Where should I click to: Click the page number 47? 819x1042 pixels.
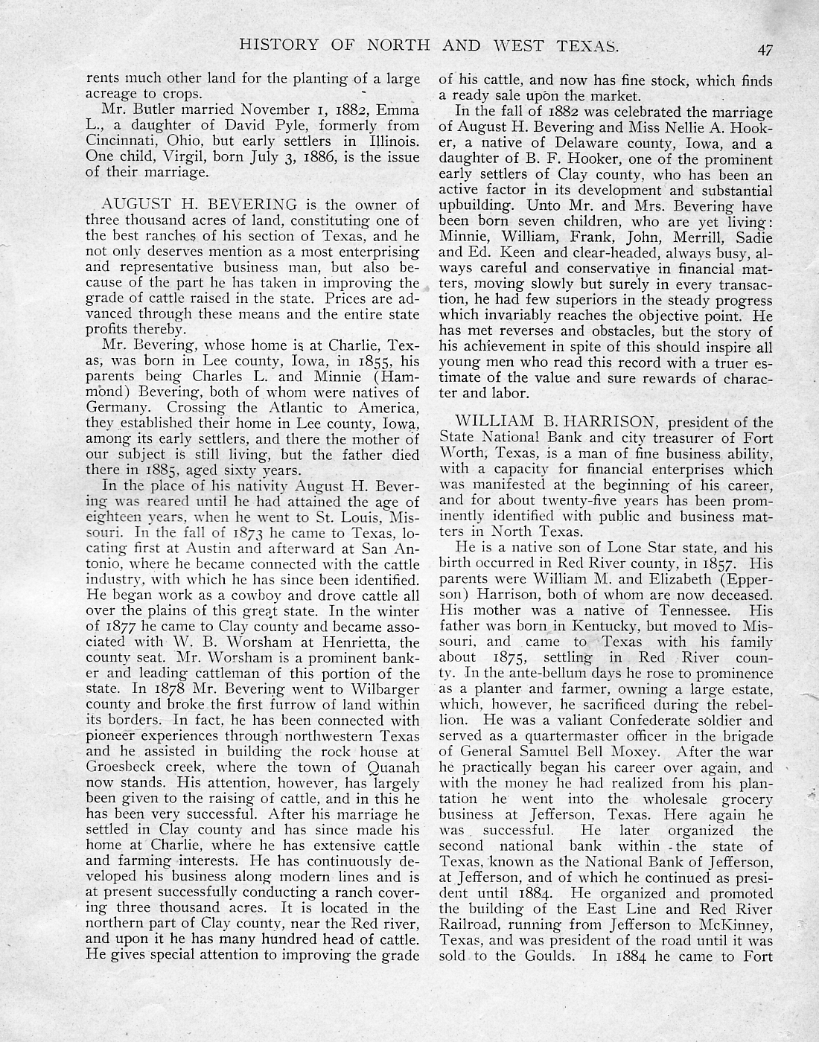[x=765, y=50]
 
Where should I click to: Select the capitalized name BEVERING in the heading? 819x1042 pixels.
[x=255, y=205]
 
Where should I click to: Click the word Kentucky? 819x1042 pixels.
[x=590, y=626]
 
